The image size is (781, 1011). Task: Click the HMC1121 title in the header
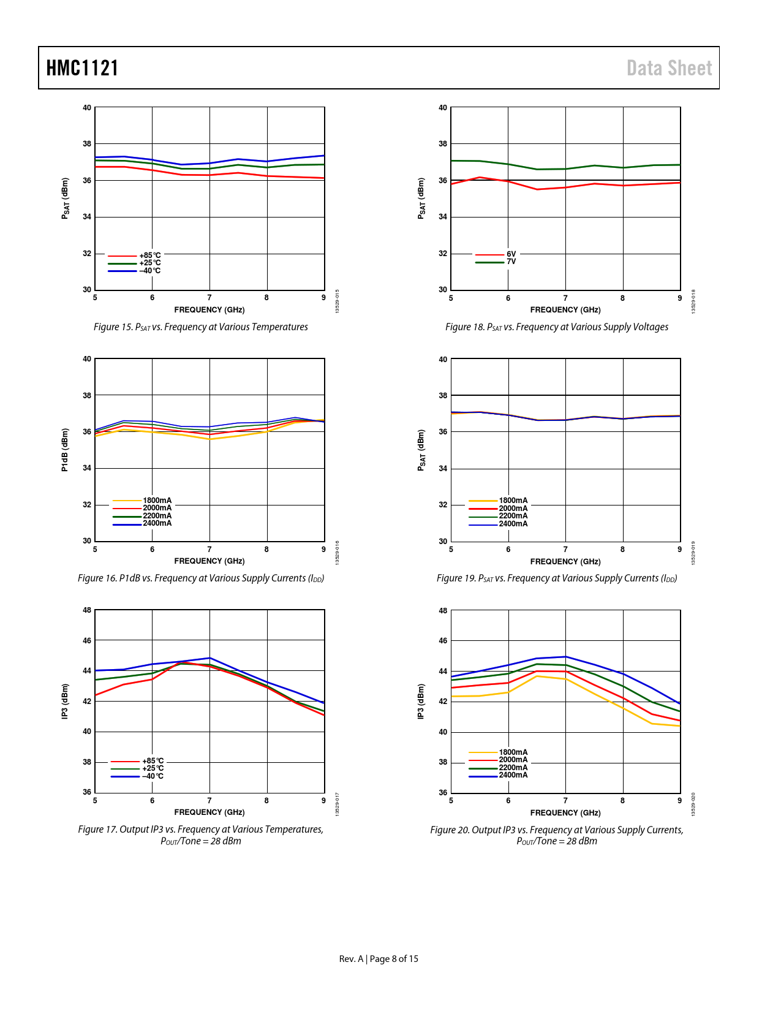tap(82, 68)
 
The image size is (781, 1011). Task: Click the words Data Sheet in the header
tap(669, 68)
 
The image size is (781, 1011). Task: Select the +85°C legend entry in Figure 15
tap(149, 256)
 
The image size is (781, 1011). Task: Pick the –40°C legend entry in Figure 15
tap(149, 271)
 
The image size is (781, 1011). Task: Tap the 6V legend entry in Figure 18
tap(511, 254)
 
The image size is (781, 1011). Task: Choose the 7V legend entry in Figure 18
tap(511, 262)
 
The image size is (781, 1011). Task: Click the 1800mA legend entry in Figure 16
tap(157, 501)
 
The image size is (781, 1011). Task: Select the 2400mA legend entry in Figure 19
tap(513, 524)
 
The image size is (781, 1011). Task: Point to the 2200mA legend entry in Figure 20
tap(513, 768)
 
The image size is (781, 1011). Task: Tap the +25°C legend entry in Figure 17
tap(153, 768)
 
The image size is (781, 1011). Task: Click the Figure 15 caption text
tap(200, 327)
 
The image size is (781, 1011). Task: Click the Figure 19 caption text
tap(556, 578)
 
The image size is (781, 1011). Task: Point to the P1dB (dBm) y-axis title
tap(65, 450)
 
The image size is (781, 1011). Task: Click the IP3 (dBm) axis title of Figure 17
tap(65, 701)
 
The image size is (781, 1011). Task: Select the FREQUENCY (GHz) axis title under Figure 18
tap(565, 310)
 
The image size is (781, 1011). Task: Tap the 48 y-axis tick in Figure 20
tap(443, 611)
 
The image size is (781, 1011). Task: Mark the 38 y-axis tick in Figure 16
tap(87, 396)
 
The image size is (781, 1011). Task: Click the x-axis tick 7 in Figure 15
tap(209, 298)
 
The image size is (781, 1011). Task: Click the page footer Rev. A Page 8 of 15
tap(379, 959)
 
